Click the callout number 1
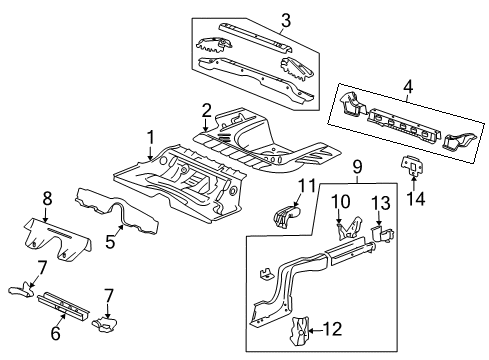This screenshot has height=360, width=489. [152, 137]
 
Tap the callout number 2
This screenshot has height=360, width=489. [206, 110]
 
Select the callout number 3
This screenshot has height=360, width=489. [257, 19]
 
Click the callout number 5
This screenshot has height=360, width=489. [111, 240]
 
